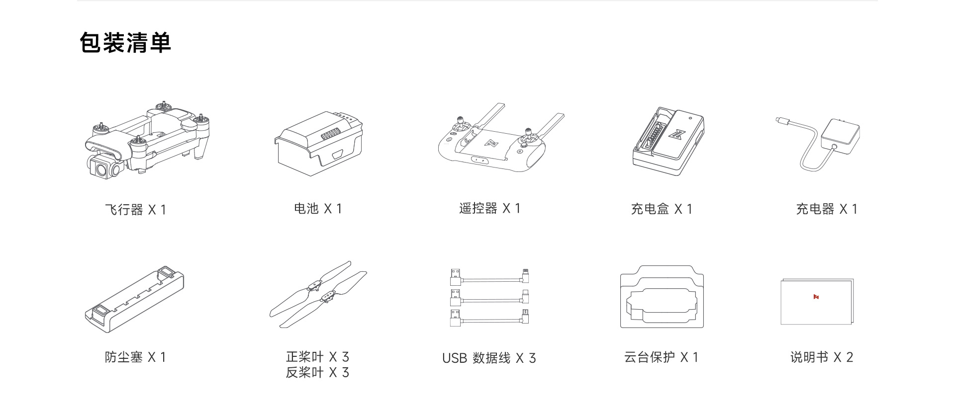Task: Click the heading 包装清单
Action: (x=125, y=43)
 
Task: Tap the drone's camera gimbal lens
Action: (x=101, y=168)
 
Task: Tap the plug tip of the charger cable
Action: (x=779, y=120)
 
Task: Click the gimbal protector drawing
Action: (x=662, y=297)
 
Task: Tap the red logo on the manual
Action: (x=816, y=297)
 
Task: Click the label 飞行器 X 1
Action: (x=135, y=210)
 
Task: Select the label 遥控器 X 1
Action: (x=489, y=209)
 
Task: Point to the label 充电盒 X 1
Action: (x=662, y=209)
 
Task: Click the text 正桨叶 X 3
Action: (x=317, y=357)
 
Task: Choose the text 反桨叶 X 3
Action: (x=317, y=372)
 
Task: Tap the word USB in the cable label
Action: (x=454, y=358)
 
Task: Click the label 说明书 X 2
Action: (x=822, y=357)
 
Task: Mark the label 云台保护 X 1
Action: (x=661, y=357)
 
